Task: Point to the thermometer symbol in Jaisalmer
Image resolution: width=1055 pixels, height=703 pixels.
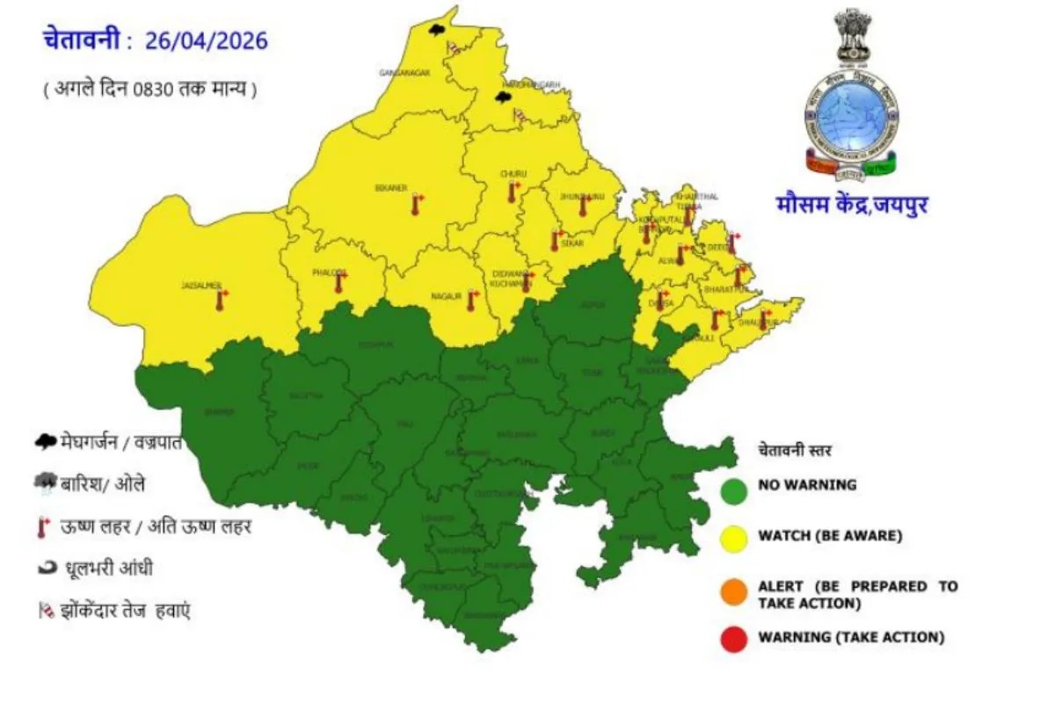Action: [x=220, y=301]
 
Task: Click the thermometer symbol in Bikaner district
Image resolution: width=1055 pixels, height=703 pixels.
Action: [x=416, y=204]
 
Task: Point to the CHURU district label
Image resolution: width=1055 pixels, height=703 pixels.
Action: [x=513, y=174]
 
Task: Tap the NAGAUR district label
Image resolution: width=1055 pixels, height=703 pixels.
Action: [x=447, y=296]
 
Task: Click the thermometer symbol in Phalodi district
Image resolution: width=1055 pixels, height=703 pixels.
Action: [x=338, y=283]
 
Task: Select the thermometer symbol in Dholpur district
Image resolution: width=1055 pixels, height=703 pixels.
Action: [x=764, y=319]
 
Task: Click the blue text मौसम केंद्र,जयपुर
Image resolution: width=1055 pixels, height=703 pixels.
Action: [x=852, y=206]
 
